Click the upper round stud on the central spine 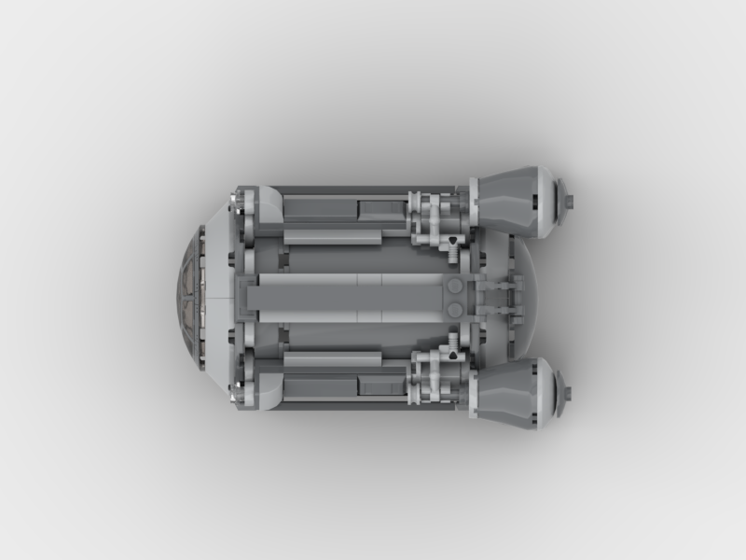tap(454, 287)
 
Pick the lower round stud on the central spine tap(454, 310)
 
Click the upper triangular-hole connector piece tap(451, 245)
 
